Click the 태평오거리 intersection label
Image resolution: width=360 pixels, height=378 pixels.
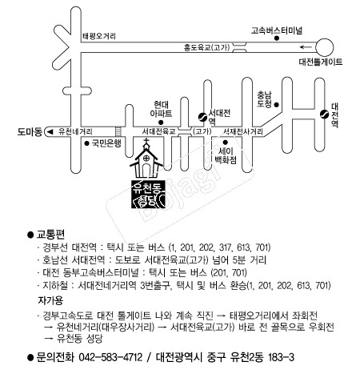99,36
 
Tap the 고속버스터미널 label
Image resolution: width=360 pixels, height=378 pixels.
277,30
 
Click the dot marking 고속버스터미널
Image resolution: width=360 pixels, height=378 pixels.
277,38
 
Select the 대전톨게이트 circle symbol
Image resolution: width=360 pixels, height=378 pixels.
324,47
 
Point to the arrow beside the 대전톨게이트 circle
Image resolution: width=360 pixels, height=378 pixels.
306,47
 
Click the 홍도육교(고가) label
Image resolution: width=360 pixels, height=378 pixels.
206,48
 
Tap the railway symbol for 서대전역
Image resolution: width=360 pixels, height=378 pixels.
202,117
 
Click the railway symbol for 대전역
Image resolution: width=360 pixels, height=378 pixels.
325,114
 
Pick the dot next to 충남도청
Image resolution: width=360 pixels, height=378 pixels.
277,105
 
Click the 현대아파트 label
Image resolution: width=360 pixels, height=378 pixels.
161,109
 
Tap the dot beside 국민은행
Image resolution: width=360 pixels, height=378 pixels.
86,143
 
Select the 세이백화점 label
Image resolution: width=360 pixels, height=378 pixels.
226,155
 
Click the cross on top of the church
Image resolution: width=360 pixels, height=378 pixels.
146,141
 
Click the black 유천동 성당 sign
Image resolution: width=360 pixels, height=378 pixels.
148,194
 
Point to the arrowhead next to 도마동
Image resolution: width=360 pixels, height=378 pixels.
50,131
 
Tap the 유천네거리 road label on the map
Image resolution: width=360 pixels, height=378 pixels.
75,131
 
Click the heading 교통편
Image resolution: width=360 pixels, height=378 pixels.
50,235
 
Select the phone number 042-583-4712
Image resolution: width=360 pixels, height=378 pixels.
110,357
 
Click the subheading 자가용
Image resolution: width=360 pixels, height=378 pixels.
50,301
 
